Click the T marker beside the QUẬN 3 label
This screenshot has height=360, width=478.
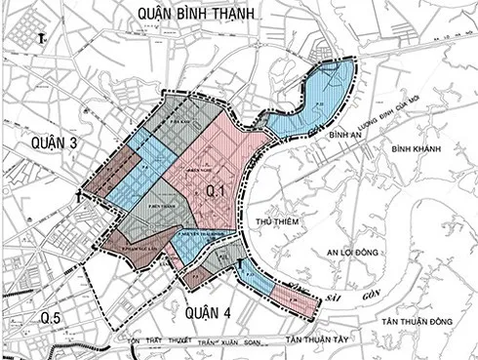point(78,196)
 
